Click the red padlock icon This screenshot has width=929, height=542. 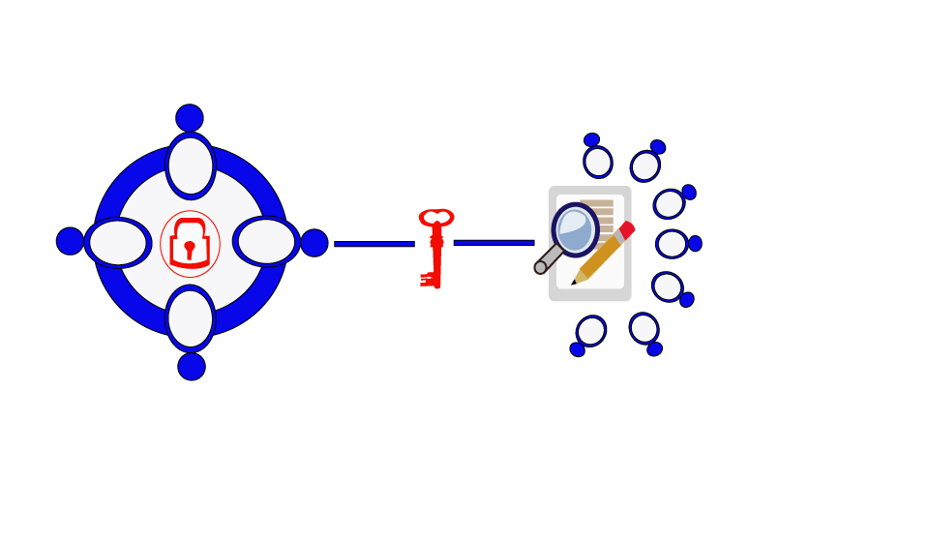[x=190, y=244]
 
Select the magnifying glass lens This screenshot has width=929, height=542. [x=575, y=229]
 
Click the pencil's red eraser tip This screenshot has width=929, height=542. [x=627, y=229]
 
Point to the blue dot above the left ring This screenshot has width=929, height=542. [x=190, y=118]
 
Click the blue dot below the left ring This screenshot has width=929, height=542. [x=192, y=367]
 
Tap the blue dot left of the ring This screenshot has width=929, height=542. [x=70, y=241]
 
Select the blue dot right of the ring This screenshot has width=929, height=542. [x=315, y=243]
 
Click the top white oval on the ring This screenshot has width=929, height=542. [x=191, y=166]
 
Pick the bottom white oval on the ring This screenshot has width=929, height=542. [x=191, y=318]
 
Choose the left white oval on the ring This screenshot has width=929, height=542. [x=118, y=243]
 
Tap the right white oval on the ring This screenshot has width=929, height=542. [x=266, y=241]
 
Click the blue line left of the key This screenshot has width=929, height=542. [x=374, y=244]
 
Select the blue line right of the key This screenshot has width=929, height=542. [x=494, y=243]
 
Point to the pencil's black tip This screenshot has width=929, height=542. [x=574, y=283]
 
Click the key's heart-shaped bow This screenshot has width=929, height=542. [x=436, y=218]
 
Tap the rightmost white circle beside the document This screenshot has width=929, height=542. [x=672, y=244]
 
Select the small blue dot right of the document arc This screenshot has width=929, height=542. [x=695, y=244]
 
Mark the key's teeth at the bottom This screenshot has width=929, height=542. [x=427, y=280]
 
